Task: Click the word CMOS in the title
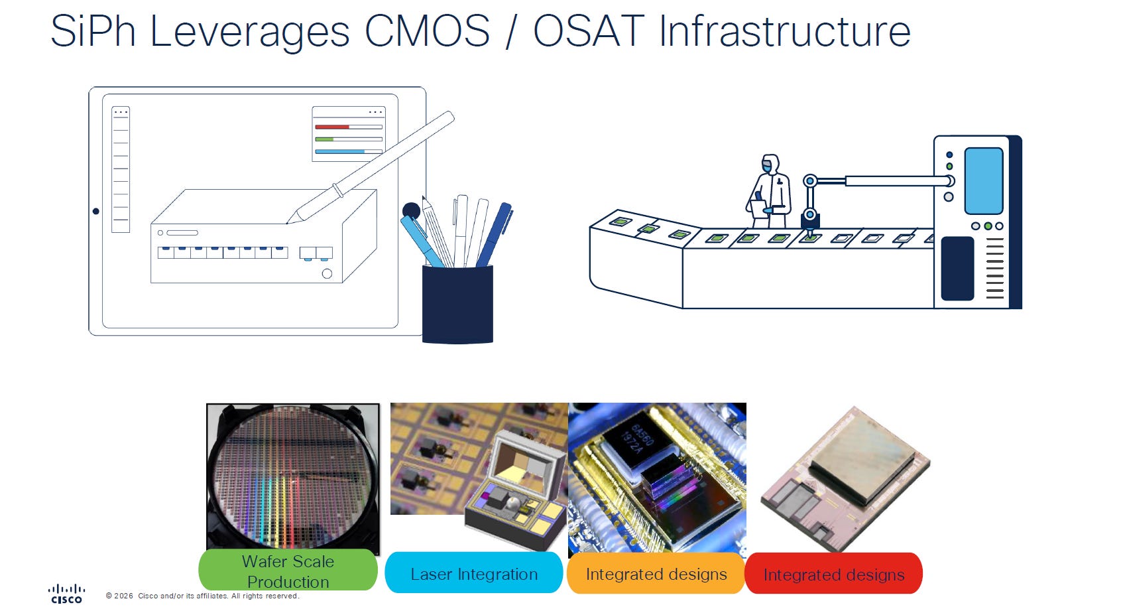pyautogui.click(x=427, y=31)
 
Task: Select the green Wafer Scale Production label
pyautogui.click(x=288, y=571)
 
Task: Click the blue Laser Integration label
pyautogui.click(x=473, y=573)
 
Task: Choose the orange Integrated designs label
pyautogui.click(x=656, y=573)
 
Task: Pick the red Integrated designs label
pyautogui.click(x=834, y=574)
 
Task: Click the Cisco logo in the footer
pyautogui.click(x=66, y=594)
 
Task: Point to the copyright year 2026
pyautogui.click(x=123, y=596)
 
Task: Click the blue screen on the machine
pyautogui.click(x=983, y=181)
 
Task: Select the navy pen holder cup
pyautogui.click(x=457, y=304)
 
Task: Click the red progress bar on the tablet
pyautogui.click(x=332, y=127)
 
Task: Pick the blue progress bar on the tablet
pyautogui.click(x=340, y=151)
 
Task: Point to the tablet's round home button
pyautogui.click(x=96, y=212)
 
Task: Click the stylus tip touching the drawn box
pyautogui.click(x=289, y=222)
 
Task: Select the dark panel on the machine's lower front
pyautogui.click(x=957, y=269)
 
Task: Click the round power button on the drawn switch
pyautogui.click(x=327, y=273)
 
